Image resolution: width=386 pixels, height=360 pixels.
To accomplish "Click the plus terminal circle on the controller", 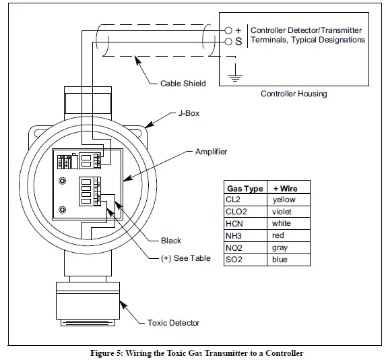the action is click(x=228, y=30).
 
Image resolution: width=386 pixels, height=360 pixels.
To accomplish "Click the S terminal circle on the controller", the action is click(x=228, y=42).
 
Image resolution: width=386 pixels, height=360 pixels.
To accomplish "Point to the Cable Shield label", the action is click(x=183, y=84).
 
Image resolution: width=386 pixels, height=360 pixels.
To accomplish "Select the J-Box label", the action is click(x=189, y=113).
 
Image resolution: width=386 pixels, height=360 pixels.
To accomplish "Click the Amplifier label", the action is click(x=212, y=152).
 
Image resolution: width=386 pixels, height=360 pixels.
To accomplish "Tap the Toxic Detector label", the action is click(x=173, y=323).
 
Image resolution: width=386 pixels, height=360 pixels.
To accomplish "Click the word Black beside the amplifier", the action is click(x=171, y=241).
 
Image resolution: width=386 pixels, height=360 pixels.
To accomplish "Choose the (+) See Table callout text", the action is click(x=186, y=258).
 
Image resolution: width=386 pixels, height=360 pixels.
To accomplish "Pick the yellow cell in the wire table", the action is click(x=288, y=200).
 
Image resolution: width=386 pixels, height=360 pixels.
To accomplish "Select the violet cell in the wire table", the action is click(x=288, y=212).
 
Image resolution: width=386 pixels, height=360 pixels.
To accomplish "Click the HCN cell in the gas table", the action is click(x=245, y=224).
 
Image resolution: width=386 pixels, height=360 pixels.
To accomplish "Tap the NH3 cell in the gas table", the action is click(x=245, y=235).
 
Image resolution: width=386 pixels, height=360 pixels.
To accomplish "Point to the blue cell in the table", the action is click(x=288, y=260).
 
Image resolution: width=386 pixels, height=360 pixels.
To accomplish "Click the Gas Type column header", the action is click(x=245, y=189).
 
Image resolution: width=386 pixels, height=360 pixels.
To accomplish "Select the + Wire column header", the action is click(x=286, y=189).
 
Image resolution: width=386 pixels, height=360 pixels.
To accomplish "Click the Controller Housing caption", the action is click(x=294, y=94).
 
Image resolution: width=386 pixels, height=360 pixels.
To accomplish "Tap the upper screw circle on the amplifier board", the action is click(x=62, y=181).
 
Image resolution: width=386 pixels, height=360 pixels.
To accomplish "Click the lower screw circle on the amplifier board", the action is click(x=62, y=210).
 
